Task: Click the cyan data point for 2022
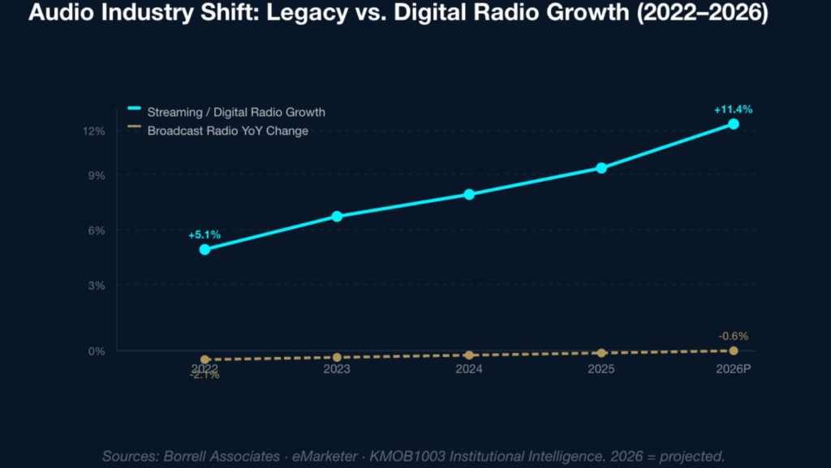[x=205, y=249]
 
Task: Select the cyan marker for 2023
[x=337, y=217]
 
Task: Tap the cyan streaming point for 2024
[x=469, y=194]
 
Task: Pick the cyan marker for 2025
[x=601, y=168]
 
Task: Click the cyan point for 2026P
[x=734, y=124]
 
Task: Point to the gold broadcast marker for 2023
[x=337, y=358]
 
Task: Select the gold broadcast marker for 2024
[x=469, y=355]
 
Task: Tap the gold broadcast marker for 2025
[x=601, y=353]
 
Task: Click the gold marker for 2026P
[x=734, y=350]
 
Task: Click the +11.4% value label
[x=733, y=109]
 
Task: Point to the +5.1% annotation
[x=205, y=234]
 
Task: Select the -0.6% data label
[x=733, y=336]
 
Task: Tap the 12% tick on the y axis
[x=94, y=131]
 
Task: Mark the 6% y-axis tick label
[x=97, y=230]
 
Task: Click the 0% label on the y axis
[x=97, y=350]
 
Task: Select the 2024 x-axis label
[x=469, y=369]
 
